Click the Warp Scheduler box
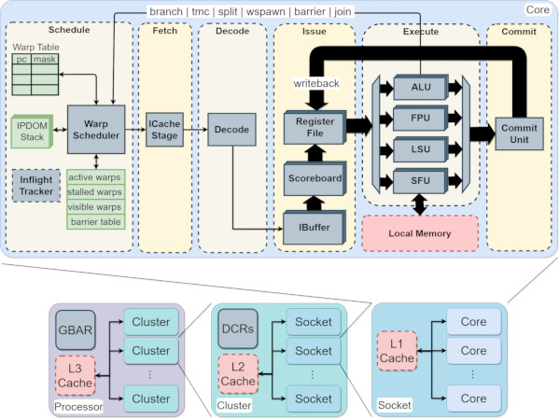pyautogui.click(x=96, y=130)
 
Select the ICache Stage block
pyautogui.click(x=164, y=130)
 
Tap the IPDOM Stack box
pyautogui.click(x=32, y=131)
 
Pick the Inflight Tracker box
pyautogui.click(x=36, y=186)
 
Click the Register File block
pyautogui.click(x=315, y=127)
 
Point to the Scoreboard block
pyautogui.click(x=315, y=178)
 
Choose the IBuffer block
pyautogui.click(x=315, y=227)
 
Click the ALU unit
pyautogui.click(x=421, y=87)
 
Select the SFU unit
pyautogui.click(x=420, y=181)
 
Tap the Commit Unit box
pyautogui.click(x=519, y=133)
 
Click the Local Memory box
pyautogui.click(x=420, y=233)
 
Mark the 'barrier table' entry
pyautogui.click(x=96, y=222)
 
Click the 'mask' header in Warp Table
pyautogui.click(x=45, y=59)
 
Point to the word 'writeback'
pyautogui.click(x=316, y=83)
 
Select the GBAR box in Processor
pyautogui.click(x=76, y=329)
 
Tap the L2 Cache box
pyautogui.click(x=238, y=374)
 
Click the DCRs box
pyautogui.click(x=238, y=329)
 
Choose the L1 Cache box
pyautogui.click(x=397, y=351)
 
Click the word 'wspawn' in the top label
pyautogui.click(x=266, y=12)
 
